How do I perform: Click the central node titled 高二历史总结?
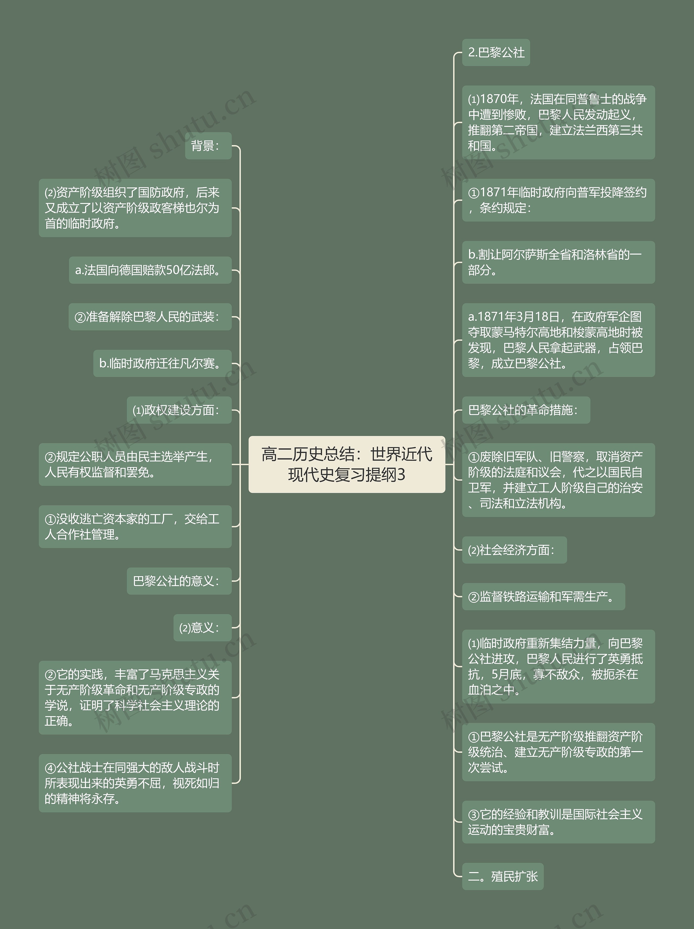[x=347, y=464]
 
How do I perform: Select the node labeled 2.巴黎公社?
[x=496, y=53]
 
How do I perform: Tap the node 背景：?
[x=208, y=146]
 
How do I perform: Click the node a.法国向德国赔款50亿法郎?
[x=150, y=270]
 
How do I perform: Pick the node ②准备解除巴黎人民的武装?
[x=150, y=317]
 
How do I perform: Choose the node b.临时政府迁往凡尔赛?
[x=162, y=363]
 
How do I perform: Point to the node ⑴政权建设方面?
[x=179, y=410]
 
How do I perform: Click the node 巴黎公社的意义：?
[x=179, y=581]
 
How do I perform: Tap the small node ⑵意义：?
[x=202, y=627]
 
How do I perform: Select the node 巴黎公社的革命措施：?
[x=526, y=410]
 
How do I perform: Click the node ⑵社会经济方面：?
[x=514, y=550]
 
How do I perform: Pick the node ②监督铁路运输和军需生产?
[x=543, y=596]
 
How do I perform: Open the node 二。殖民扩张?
[x=503, y=876]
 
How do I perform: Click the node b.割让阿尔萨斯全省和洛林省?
[x=558, y=262]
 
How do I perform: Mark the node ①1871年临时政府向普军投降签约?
[x=558, y=200]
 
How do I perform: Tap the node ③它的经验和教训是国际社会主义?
[x=558, y=822]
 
